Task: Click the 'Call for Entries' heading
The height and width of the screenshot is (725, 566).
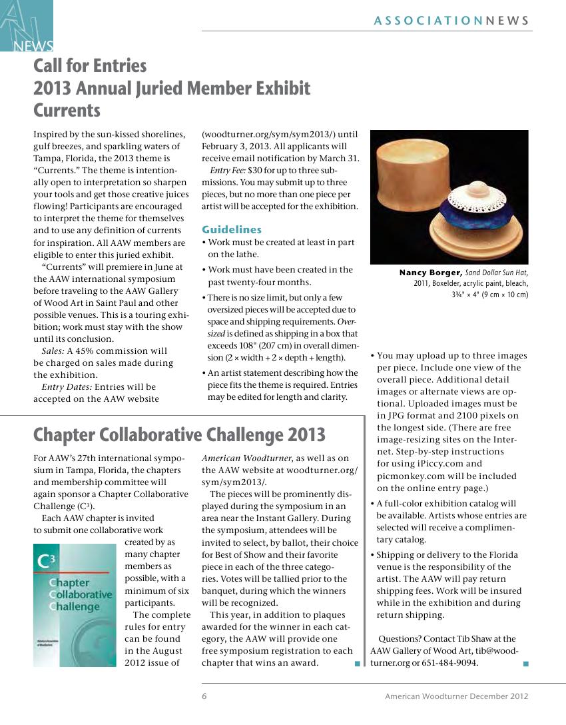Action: point(90,66)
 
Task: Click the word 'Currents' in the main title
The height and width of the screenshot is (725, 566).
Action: point(67,110)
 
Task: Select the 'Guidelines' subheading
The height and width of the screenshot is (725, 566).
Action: point(232,229)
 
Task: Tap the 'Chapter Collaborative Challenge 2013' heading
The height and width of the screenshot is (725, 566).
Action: point(179,435)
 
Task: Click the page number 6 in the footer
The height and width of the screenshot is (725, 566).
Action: point(204,696)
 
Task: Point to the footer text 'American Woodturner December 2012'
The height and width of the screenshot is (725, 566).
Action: point(456,696)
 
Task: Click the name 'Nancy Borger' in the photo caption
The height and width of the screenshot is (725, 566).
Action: point(430,273)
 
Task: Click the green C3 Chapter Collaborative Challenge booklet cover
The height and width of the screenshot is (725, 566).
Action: point(74,605)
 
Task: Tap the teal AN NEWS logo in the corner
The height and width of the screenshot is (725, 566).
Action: point(26,26)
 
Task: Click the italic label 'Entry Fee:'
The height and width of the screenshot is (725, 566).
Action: point(228,171)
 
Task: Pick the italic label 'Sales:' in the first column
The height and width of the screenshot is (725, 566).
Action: point(53,351)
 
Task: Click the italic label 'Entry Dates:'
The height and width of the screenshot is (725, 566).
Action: point(67,386)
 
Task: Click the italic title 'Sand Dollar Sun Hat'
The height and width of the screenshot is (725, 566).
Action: point(496,273)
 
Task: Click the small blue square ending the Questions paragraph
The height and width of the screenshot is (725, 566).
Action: point(526,663)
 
